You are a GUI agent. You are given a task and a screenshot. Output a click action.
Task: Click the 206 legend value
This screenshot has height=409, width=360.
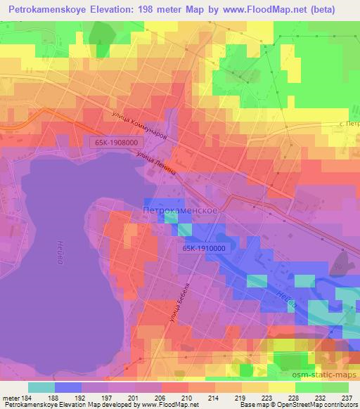[x=160, y=396]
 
